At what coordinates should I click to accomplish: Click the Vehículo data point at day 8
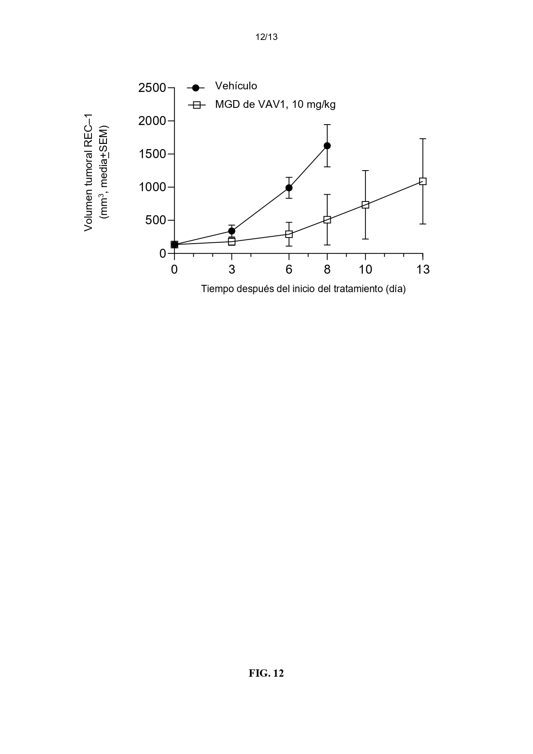pyautogui.click(x=327, y=146)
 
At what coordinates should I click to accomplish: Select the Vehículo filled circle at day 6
pyautogui.click(x=289, y=188)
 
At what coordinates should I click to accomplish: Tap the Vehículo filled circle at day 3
pyautogui.click(x=231, y=231)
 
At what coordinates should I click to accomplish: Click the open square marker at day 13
pyautogui.click(x=423, y=181)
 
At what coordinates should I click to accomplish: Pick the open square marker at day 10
pyautogui.click(x=365, y=205)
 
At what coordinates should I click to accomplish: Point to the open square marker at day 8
pyautogui.click(x=327, y=220)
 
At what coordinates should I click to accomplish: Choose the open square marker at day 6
pyautogui.click(x=289, y=234)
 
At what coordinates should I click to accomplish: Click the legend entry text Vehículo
pyautogui.click(x=236, y=86)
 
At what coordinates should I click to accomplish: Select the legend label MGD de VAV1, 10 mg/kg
pyautogui.click(x=275, y=104)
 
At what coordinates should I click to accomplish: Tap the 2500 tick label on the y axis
pyautogui.click(x=152, y=88)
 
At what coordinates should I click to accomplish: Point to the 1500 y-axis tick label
pyautogui.click(x=152, y=154)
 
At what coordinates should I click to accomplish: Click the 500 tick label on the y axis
pyautogui.click(x=155, y=221)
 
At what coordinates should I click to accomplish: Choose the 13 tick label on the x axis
pyautogui.click(x=423, y=270)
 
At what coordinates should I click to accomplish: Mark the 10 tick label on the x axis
pyautogui.click(x=365, y=270)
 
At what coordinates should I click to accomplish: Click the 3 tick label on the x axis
pyautogui.click(x=231, y=270)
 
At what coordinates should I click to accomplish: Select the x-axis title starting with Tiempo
pyautogui.click(x=304, y=289)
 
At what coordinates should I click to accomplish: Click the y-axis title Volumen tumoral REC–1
pyautogui.click(x=88, y=172)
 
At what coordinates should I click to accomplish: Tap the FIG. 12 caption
pyautogui.click(x=266, y=673)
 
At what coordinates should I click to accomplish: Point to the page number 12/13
pyautogui.click(x=266, y=37)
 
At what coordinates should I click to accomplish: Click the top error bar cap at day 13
pyautogui.click(x=423, y=139)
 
